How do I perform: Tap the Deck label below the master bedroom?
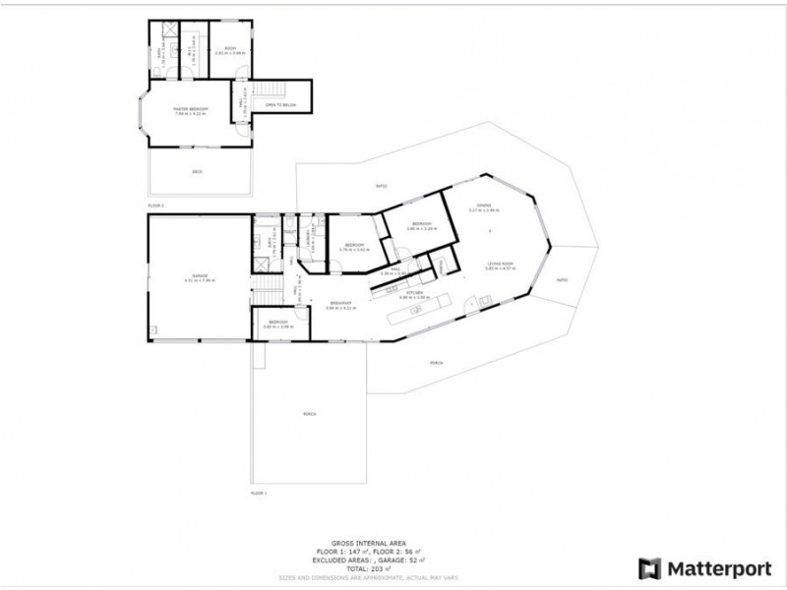tap(197, 171)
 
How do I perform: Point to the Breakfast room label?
tap(339, 306)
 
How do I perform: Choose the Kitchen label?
tap(415, 293)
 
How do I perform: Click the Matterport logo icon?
tap(650, 568)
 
